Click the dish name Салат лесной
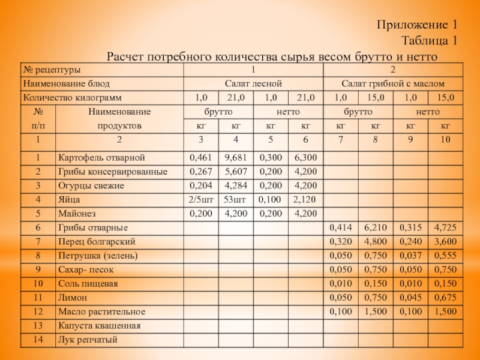(253, 83)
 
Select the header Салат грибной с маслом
(392, 83)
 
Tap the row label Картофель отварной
(101, 158)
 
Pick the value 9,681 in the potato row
(235, 158)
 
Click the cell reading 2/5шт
(200, 199)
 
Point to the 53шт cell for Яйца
(235, 199)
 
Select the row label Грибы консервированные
(112, 172)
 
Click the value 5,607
(235, 172)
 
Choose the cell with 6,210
(376, 227)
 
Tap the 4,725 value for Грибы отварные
(445, 227)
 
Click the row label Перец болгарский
(97, 241)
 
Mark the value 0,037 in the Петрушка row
(410, 256)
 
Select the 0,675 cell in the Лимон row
(445, 298)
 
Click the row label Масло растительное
(101, 312)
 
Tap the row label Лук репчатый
(87, 340)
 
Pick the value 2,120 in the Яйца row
(304, 199)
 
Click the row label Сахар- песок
(87, 269)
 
